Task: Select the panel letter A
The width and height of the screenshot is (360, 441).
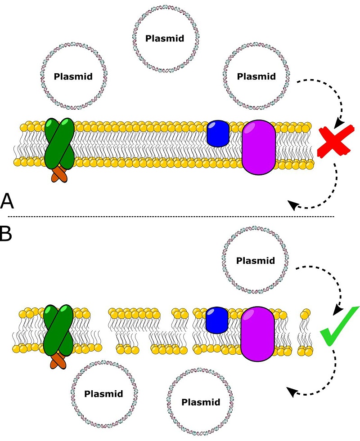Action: point(8,201)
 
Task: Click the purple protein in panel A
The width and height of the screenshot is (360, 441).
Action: point(259,147)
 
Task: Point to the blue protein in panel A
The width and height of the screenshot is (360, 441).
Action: point(218,133)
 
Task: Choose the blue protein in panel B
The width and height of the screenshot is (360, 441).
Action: point(217,320)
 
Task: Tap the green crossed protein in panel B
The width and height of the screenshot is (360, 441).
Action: point(58,330)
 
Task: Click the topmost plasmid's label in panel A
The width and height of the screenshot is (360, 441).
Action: point(165,38)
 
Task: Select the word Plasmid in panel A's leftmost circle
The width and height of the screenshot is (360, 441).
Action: point(73,76)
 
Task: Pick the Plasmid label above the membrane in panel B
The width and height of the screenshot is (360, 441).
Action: point(255,260)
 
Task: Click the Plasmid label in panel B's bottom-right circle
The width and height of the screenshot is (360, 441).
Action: point(201,401)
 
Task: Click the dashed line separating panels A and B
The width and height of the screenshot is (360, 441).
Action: point(171,217)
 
